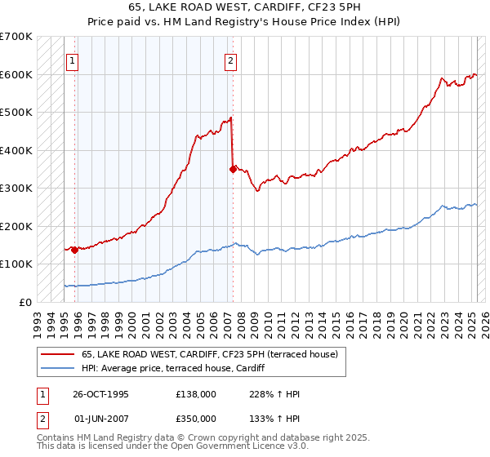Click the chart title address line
pos(245,7)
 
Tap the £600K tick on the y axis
pos(16,74)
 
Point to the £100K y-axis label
pos(16,264)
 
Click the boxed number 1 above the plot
pos(73,60)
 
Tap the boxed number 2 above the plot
pos(231,60)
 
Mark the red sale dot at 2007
pos(234,169)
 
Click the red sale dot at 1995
pos(74,250)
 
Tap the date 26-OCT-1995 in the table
pos(100,394)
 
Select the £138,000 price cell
pos(196,394)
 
